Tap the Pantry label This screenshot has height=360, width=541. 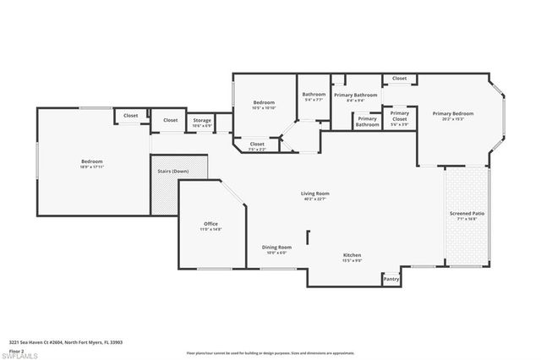(x=391, y=279)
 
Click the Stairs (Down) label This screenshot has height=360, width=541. (x=172, y=172)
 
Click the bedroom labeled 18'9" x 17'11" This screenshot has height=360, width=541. (x=92, y=163)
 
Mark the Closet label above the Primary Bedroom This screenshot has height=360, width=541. (x=399, y=79)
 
